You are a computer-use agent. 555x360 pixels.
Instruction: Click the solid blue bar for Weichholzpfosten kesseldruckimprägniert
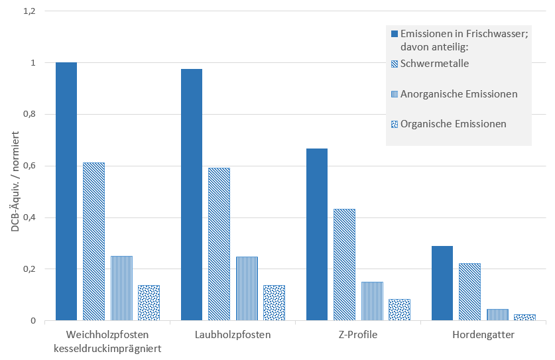[66, 192]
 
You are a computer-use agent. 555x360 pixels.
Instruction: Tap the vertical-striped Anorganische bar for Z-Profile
[372, 301]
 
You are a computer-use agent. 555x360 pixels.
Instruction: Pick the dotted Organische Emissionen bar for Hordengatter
[524, 317]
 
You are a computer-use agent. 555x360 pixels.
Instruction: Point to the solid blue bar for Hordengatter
[442, 283]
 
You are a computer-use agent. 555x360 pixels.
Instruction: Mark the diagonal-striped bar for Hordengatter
[469, 292]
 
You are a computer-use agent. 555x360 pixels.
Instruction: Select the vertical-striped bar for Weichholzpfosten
[121, 288]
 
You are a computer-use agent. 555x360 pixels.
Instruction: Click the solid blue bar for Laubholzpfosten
[192, 194]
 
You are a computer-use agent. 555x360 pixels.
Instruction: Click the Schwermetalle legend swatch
[395, 64]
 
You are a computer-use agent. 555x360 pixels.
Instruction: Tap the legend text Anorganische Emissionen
[459, 94]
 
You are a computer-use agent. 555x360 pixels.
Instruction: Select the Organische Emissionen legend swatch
[395, 124]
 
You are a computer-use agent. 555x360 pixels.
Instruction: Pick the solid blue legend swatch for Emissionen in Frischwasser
[395, 34]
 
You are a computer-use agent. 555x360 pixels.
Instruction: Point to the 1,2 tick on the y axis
[30, 11]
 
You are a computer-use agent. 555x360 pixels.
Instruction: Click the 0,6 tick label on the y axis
[30, 166]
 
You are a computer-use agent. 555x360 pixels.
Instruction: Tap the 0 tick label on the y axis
[32, 321]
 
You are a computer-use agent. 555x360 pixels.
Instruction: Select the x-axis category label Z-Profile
[359, 335]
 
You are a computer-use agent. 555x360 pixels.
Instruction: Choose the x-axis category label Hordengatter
[483, 335]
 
